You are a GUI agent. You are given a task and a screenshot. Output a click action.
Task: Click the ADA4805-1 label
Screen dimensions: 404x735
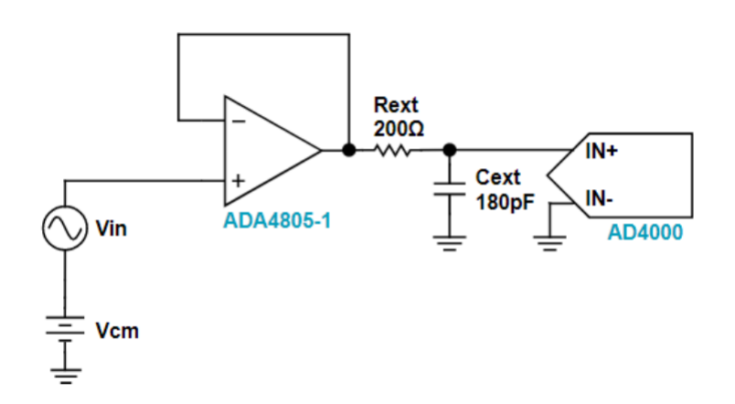[x=277, y=220]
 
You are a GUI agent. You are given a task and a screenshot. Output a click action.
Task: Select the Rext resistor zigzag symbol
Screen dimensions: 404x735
[x=399, y=151]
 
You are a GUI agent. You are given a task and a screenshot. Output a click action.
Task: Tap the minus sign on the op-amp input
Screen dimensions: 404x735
[x=236, y=120]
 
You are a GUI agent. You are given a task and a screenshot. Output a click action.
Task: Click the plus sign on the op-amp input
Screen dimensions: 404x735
[x=237, y=180]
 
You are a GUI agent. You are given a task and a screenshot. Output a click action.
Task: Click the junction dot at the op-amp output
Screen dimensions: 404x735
[x=348, y=151]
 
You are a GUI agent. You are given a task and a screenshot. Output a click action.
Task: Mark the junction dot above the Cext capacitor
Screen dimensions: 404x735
[x=449, y=151]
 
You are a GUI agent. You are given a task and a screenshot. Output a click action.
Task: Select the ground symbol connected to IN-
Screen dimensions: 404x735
[x=549, y=239]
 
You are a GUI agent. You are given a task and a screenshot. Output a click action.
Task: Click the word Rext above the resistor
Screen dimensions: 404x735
[x=396, y=106]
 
